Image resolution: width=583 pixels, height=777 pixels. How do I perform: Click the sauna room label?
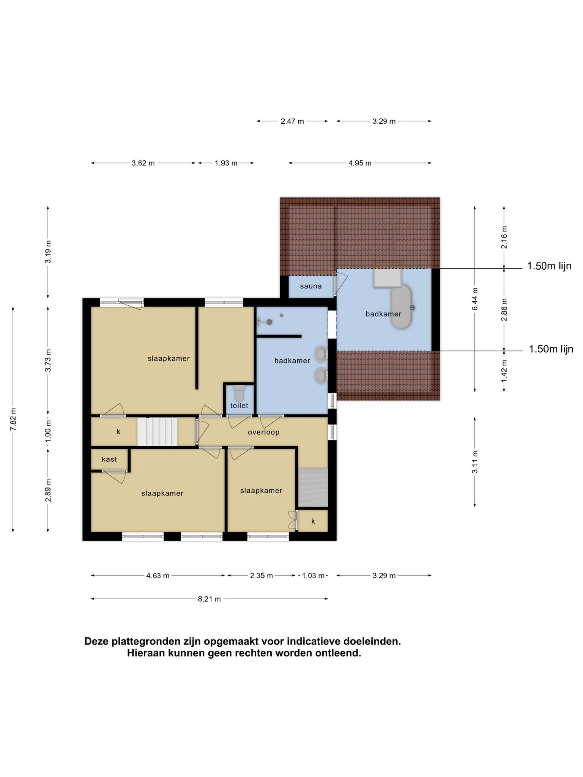pyautogui.click(x=311, y=286)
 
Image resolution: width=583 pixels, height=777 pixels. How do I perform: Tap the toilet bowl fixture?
pyautogui.click(x=239, y=393)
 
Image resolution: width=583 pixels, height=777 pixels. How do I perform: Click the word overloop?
pyautogui.click(x=263, y=432)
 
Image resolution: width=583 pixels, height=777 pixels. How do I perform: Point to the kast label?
pyautogui.click(x=109, y=459)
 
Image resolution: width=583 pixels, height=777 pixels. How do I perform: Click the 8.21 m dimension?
pyautogui.click(x=209, y=599)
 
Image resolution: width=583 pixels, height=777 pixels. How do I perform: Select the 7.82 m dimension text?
pyautogui.click(x=13, y=419)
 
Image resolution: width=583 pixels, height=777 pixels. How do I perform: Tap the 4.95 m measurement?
pyautogui.click(x=360, y=163)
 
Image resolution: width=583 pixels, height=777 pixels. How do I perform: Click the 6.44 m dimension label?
pyautogui.click(x=475, y=299)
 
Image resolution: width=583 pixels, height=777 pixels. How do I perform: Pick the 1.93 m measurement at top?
pyautogui.click(x=226, y=163)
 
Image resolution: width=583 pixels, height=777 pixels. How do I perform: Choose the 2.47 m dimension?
pyautogui.click(x=292, y=121)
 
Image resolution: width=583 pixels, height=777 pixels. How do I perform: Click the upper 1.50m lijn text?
pyautogui.click(x=549, y=266)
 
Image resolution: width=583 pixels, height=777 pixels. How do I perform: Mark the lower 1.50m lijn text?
pyautogui.click(x=551, y=349)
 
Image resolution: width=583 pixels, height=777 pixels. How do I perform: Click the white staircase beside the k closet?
pyautogui.click(x=157, y=432)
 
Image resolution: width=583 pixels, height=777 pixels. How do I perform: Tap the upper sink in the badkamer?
pyautogui.click(x=321, y=354)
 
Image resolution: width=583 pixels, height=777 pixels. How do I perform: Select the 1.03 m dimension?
pyautogui.click(x=313, y=576)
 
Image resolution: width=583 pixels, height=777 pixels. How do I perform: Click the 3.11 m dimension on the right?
pyautogui.click(x=475, y=462)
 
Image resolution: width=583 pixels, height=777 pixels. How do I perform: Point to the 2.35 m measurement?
pyautogui.click(x=261, y=576)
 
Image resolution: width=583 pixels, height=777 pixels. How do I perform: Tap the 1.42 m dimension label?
pyautogui.click(x=504, y=371)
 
